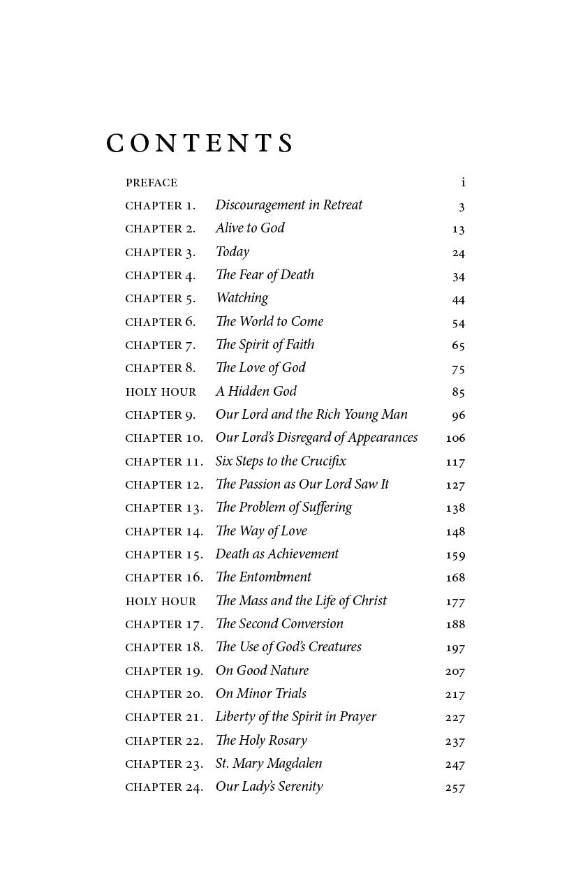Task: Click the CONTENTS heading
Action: (x=200, y=143)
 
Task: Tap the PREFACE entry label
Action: (x=152, y=183)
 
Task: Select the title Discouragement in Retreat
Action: (x=288, y=205)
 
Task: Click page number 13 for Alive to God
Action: (x=458, y=229)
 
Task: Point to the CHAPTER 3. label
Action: (x=160, y=252)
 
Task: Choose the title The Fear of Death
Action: (x=265, y=275)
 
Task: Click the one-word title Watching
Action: (x=242, y=298)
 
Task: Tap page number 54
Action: (x=458, y=322)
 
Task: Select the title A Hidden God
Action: (x=256, y=392)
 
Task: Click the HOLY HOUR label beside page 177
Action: (x=161, y=601)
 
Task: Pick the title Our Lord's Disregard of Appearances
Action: (x=316, y=438)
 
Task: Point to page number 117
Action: (x=455, y=461)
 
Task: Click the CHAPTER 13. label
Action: (x=164, y=508)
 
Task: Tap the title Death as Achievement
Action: (x=276, y=554)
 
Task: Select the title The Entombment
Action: (x=263, y=577)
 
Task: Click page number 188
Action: (x=455, y=624)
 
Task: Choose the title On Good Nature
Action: (x=262, y=671)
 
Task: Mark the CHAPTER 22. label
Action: (x=164, y=741)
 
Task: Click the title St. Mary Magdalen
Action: (x=268, y=764)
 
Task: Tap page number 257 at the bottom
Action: (x=455, y=787)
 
